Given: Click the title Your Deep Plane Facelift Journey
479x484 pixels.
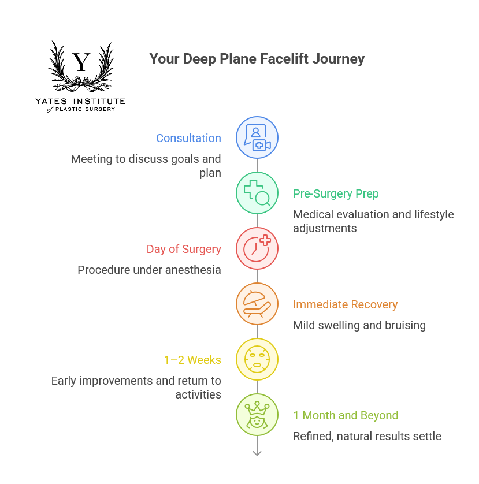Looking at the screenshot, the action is pyautogui.click(x=257, y=59).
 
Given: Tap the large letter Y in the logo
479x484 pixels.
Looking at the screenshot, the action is pyautogui.click(x=82, y=62).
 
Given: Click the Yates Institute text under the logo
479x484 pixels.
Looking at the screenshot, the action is pyautogui.click(x=80, y=101).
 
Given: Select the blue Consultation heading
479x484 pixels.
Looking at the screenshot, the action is pyautogui.click(x=188, y=138).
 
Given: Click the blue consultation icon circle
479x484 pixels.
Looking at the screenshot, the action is pyautogui.click(x=257, y=138).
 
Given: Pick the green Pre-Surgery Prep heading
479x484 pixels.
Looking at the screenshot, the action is pyautogui.click(x=335, y=193).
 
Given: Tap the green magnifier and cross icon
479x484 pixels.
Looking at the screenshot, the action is pyautogui.click(x=257, y=193).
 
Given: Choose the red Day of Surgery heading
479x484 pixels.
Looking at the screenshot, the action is pyautogui.click(x=184, y=249).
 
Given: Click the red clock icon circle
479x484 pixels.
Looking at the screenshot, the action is pyautogui.click(x=257, y=249).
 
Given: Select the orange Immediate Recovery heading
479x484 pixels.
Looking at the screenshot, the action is pyautogui.click(x=345, y=304).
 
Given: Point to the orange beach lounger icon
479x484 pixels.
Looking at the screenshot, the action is pyautogui.click(x=257, y=304).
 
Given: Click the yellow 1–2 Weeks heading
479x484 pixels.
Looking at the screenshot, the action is pyautogui.click(x=192, y=360).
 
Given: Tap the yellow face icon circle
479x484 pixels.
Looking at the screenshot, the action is pyautogui.click(x=257, y=360).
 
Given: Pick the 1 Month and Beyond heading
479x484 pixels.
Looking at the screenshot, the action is pyautogui.click(x=346, y=415).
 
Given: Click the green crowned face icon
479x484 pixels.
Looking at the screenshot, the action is pyautogui.click(x=257, y=415).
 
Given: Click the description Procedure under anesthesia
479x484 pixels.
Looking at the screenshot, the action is pyautogui.click(x=149, y=270).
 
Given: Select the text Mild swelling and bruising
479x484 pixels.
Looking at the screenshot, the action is pyautogui.click(x=359, y=325).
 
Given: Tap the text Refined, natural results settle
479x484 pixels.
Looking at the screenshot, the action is pyautogui.click(x=367, y=436).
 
